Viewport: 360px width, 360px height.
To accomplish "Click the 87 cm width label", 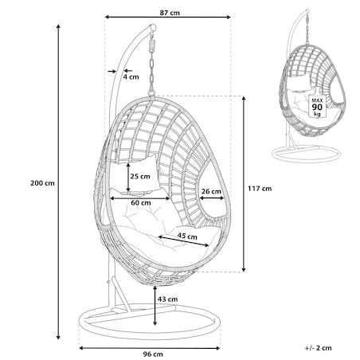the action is [x=170, y=13].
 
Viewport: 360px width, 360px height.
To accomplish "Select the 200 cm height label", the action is [x=42, y=183].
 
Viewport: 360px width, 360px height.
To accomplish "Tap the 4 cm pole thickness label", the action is [x=131, y=77].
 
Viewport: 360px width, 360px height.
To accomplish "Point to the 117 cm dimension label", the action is [x=260, y=189].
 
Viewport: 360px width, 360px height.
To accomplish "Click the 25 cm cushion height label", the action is [x=140, y=176].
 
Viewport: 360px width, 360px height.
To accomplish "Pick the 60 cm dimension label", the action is [x=141, y=203].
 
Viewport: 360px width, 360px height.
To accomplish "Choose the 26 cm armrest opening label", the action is [x=211, y=191].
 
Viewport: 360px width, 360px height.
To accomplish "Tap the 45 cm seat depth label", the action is [x=187, y=236].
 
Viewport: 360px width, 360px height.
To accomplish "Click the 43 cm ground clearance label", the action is [x=168, y=299].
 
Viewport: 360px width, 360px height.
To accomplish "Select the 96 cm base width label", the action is [x=153, y=354].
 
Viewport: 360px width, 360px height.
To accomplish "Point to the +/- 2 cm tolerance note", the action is [x=319, y=348].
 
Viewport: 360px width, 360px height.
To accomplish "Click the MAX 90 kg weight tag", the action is [x=317, y=107].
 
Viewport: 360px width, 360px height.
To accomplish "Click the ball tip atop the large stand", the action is [x=153, y=27].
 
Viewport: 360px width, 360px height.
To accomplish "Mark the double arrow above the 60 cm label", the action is [x=140, y=198].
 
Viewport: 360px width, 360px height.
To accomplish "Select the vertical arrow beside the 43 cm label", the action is [x=155, y=305].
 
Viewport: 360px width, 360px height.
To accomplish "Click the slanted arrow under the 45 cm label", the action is [x=184, y=241].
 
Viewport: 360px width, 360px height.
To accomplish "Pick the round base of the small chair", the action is [x=306, y=153].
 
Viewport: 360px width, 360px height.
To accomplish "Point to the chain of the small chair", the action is [x=307, y=29].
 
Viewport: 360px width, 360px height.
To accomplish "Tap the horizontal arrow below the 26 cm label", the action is [x=212, y=198].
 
